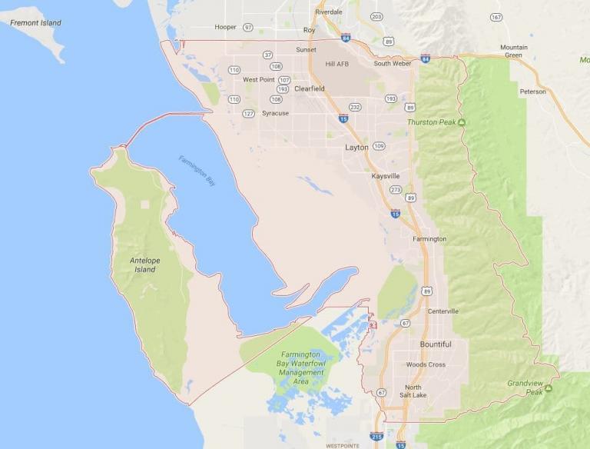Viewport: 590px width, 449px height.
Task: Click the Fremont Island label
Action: [x=35, y=23]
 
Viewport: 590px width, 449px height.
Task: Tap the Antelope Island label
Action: [x=144, y=265]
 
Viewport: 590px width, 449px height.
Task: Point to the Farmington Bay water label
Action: [x=197, y=171]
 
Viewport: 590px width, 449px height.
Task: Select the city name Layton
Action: [x=356, y=147]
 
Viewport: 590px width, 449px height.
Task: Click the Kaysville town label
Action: [x=386, y=176]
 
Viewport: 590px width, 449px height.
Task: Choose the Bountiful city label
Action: [x=436, y=344]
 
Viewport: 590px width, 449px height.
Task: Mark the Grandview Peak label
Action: [x=525, y=387]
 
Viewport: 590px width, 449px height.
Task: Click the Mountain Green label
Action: [x=514, y=51]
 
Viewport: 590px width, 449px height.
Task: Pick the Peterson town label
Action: [x=532, y=91]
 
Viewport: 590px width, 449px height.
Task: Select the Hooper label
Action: [x=225, y=27]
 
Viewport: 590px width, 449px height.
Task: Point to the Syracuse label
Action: [x=275, y=113]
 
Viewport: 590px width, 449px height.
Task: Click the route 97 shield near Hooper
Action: [x=248, y=27]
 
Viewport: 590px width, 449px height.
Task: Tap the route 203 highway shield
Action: [x=376, y=16]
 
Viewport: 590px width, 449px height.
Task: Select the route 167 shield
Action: [x=496, y=17]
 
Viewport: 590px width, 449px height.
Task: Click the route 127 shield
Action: [x=248, y=113]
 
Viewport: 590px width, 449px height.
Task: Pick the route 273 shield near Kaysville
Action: [x=396, y=189]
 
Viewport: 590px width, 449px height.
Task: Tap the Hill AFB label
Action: [x=337, y=64]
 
